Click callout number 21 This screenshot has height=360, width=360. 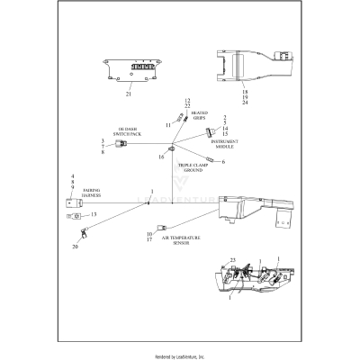129,94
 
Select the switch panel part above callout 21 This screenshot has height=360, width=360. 129,68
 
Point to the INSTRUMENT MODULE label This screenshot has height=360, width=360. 224,144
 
